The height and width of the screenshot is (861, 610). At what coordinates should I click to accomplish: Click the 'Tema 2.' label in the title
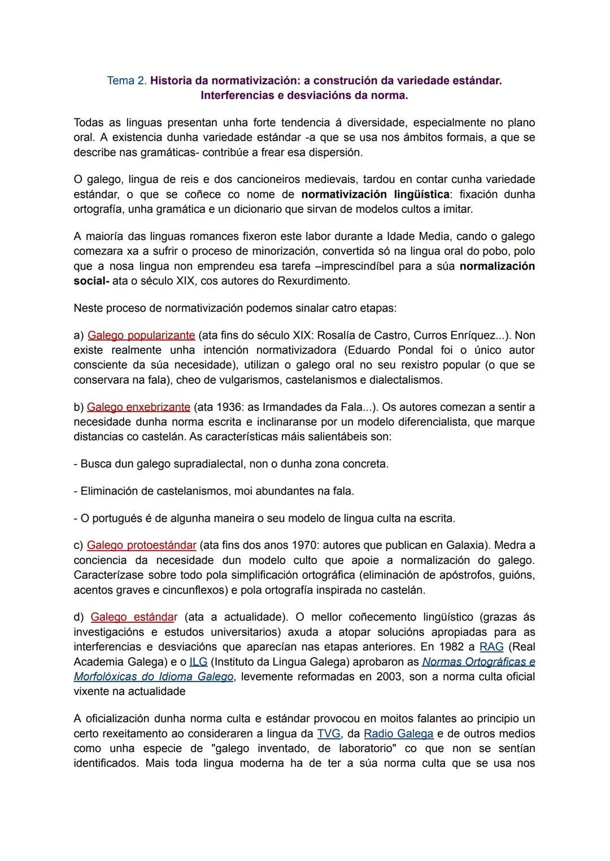click(x=127, y=81)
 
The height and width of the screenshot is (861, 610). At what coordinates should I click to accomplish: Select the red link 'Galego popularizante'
click(x=141, y=335)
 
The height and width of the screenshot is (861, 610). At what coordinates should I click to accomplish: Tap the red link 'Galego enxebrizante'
click(x=138, y=407)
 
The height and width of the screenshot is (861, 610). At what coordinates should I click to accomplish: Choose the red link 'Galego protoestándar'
click(x=141, y=545)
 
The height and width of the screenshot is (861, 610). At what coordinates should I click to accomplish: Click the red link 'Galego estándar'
click(x=134, y=617)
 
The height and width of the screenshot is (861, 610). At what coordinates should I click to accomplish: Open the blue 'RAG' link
click(x=491, y=647)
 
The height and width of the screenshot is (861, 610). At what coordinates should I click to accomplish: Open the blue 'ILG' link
click(x=198, y=662)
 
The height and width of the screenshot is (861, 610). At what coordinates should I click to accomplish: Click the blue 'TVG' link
click(x=329, y=734)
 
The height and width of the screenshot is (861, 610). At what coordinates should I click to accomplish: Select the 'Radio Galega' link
click(x=398, y=734)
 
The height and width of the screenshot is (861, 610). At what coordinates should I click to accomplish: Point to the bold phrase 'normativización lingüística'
click(x=375, y=195)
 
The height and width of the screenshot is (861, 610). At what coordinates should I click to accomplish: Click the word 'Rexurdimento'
click(x=313, y=281)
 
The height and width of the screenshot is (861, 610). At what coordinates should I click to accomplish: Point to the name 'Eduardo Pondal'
click(x=388, y=350)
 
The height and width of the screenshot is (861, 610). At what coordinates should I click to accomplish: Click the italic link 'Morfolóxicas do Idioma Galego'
click(x=153, y=676)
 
